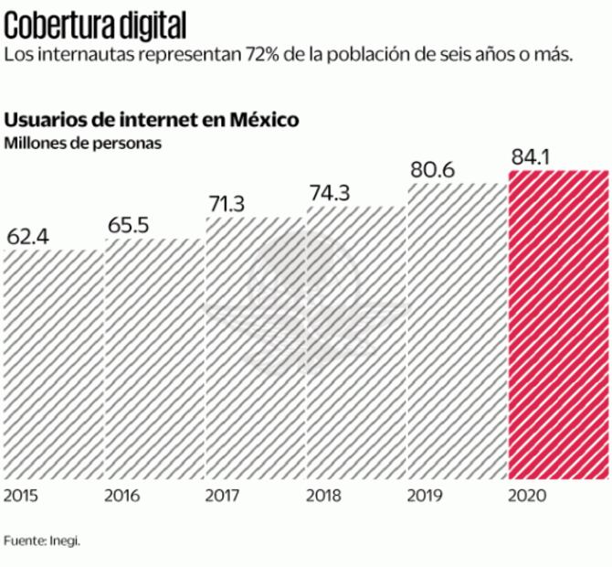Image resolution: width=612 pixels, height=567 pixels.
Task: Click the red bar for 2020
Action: click(x=558, y=325)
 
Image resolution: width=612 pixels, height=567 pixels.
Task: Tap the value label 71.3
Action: click(x=227, y=204)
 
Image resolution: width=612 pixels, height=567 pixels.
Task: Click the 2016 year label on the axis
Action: click(x=121, y=496)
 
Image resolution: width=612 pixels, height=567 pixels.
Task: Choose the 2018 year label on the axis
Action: click(x=323, y=496)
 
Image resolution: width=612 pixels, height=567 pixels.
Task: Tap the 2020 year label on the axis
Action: click(x=527, y=496)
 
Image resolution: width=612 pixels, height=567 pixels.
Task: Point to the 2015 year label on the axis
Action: click(x=21, y=496)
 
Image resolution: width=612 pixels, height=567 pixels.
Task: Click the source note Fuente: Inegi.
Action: click(x=42, y=540)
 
